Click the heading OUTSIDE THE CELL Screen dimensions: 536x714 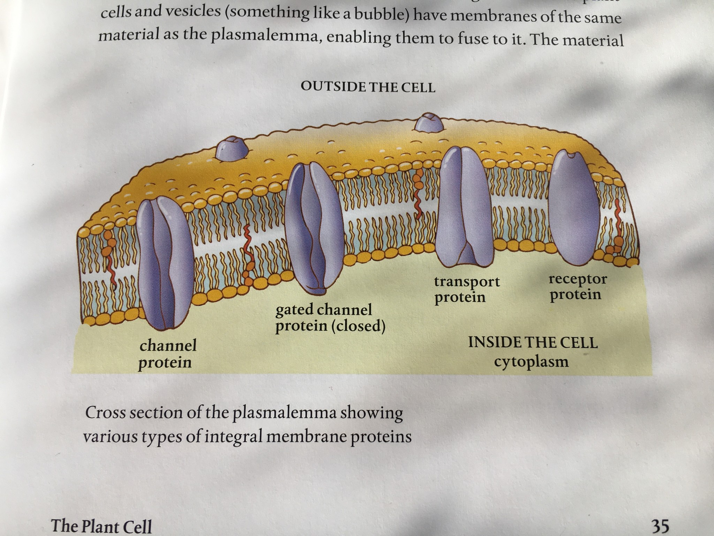point(368,87)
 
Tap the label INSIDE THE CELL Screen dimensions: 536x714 point(533,342)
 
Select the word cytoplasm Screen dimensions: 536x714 point(531,362)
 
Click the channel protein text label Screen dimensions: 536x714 point(168,354)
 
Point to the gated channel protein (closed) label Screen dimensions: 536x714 point(330,318)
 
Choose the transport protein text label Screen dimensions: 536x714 point(467,289)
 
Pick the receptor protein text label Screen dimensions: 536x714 point(578,286)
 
